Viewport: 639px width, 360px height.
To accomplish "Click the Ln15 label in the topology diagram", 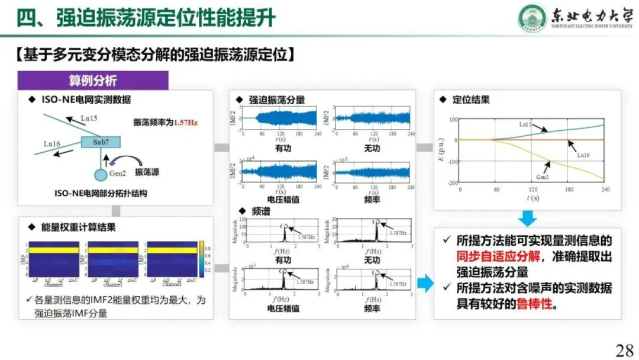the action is coord(89,118).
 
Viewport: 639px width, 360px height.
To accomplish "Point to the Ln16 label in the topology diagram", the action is coord(52,143).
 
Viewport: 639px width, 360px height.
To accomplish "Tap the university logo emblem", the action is coord(532,19).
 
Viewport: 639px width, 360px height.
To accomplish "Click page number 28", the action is coord(624,350).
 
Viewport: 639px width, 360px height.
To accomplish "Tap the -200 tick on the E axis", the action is coord(453,183).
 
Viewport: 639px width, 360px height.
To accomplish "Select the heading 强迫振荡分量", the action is coord(277,100).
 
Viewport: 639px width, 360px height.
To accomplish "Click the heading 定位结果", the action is coord(471,100).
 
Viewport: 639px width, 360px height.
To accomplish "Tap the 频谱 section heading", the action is coord(262,211).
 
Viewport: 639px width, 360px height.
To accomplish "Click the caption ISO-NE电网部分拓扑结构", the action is coord(101,194).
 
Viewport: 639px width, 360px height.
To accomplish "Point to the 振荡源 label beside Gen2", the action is coord(147,172).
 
